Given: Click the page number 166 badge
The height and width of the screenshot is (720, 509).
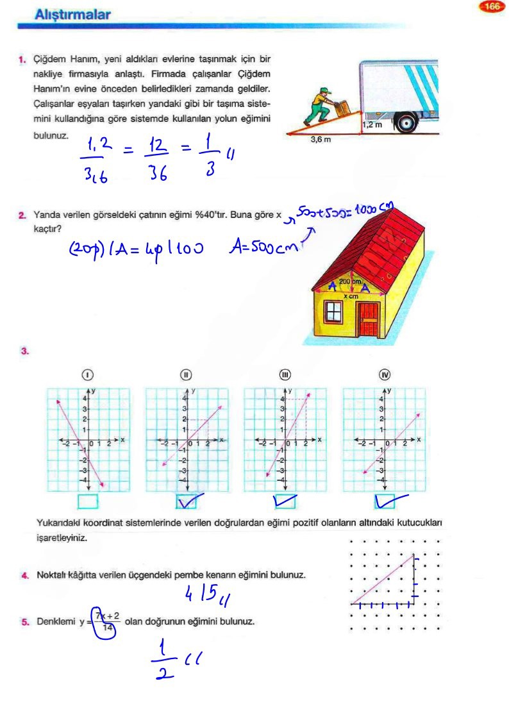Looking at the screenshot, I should (x=492, y=7).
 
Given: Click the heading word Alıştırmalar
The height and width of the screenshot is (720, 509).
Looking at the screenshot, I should (x=72, y=13).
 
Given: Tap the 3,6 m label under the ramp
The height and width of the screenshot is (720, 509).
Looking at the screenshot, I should (x=321, y=139).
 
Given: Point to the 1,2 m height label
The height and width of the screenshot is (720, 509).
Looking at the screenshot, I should (x=372, y=125).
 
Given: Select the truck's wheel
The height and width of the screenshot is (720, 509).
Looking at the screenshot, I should (x=406, y=122).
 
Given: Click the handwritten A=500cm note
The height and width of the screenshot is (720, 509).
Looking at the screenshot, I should (x=263, y=246).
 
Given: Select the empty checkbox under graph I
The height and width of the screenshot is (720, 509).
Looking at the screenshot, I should (x=88, y=501).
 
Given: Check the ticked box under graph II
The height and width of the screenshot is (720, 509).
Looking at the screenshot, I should (x=186, y=501).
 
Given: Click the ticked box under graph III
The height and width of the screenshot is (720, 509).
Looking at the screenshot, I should (x=285, y=501).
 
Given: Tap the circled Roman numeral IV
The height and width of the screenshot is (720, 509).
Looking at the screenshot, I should (x=385, y=375).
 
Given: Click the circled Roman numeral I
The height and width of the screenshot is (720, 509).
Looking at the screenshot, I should (x=88, y=375).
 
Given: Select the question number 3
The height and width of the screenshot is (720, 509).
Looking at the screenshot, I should (x=24, y=351).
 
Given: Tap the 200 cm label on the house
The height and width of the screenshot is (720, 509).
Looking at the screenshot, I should (x=351, y=281).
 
